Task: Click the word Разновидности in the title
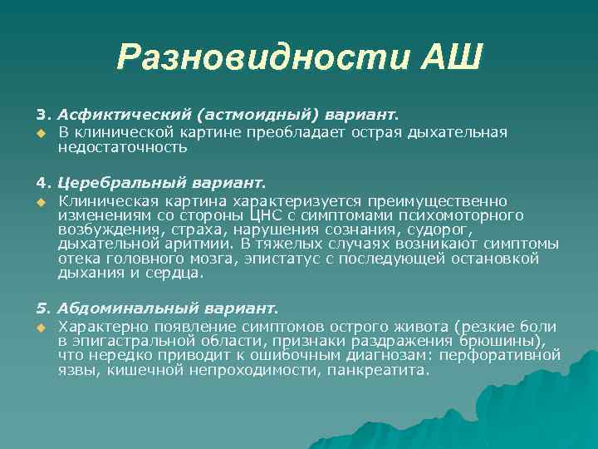(x=262, y=57)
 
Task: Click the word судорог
(x=444, y=229)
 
